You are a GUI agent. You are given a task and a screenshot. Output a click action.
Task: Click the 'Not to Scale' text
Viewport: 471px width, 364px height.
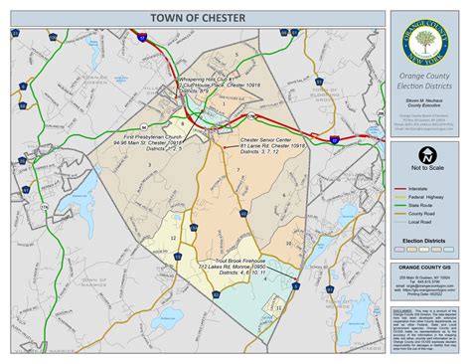425,172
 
